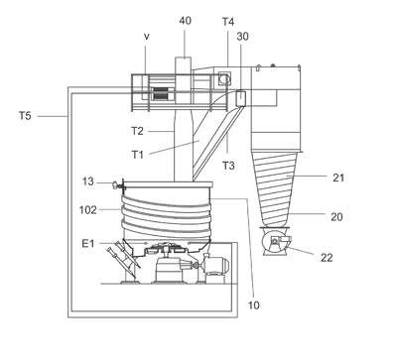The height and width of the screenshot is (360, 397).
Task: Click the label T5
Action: click(25, 116)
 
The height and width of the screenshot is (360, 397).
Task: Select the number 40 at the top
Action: click(185, 21)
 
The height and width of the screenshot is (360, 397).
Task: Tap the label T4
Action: click(228, 22)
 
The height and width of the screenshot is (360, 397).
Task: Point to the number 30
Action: click(242, 37)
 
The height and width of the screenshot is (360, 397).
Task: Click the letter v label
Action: click(147, 37)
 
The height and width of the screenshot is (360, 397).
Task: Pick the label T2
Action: click(138, 131)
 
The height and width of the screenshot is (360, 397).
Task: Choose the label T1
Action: click(138, 154)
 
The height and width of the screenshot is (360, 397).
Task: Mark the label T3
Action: click(228, 166)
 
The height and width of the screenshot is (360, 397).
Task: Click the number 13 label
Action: click(88, 181)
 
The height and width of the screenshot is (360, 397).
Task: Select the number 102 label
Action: click(88, 210)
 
